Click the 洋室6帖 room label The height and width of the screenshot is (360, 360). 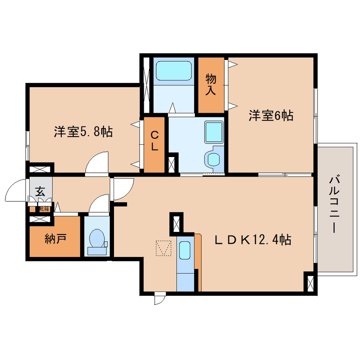pos(271,116)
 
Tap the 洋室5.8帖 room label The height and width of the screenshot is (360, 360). pos(83,132)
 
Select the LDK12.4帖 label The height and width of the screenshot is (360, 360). pos(253,240)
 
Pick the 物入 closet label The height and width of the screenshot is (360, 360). pos(211,84)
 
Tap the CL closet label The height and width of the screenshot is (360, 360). pos(154,142)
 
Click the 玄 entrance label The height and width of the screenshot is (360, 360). pos(40,191)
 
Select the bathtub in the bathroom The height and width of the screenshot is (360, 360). pos(174,71)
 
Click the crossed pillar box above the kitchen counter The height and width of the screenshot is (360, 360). pos(175,223)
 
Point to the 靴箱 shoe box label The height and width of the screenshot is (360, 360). pos(44,209)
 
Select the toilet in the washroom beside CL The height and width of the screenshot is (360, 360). pos(213,159)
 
